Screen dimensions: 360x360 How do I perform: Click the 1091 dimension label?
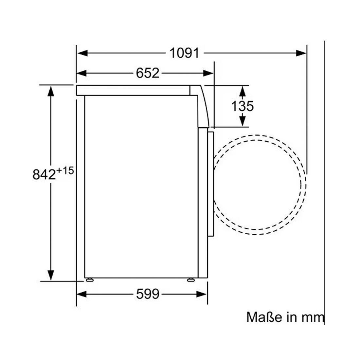(184, 53)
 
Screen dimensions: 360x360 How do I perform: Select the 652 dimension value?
(147, 73)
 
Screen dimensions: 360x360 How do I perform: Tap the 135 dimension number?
(242, 106)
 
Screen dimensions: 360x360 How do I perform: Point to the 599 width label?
(147, 294)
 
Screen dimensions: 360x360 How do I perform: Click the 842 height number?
(44, 174)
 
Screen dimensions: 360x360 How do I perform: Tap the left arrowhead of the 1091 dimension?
(82, 53)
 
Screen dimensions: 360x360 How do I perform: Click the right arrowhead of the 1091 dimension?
(301, 53)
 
